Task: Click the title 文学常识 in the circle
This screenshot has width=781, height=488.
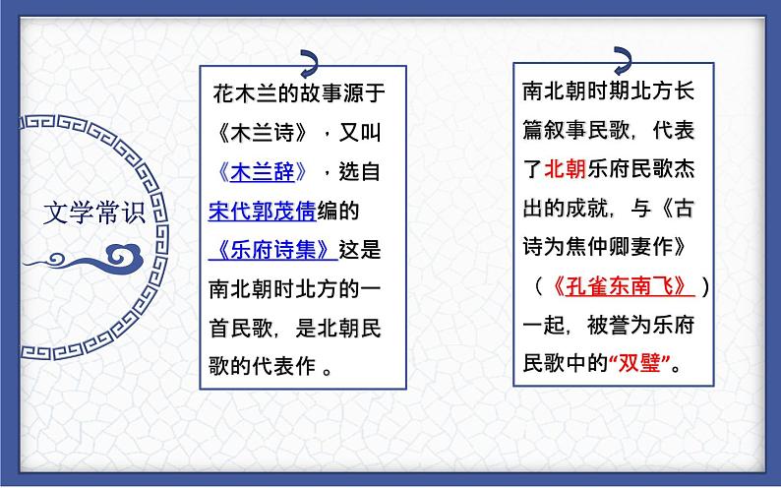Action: click(x=94, y=213)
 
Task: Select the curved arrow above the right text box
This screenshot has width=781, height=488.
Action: click(x=622, y=56)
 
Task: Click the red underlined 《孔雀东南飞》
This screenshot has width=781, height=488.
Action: click(x=622, y=286)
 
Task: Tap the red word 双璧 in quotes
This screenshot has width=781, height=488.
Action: click(x=646, y=363)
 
